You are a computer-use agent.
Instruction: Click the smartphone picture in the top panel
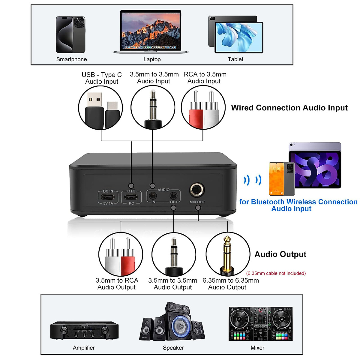coord(70,34)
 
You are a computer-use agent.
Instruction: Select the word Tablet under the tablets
coord(235,59)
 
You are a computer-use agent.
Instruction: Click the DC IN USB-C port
coord(108,197)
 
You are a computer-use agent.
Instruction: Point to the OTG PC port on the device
coord(131,197)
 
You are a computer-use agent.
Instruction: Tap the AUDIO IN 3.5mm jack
coord(153,196)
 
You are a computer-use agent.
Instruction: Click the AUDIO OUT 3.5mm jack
coord(173,196)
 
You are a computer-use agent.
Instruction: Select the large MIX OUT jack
coord(197,190)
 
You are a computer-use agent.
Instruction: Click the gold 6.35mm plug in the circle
coord(227,253)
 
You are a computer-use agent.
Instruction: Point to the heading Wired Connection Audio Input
coord(289,108)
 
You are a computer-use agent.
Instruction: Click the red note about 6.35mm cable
coord(276,273)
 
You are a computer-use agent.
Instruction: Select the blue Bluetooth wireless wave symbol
coord(252,180)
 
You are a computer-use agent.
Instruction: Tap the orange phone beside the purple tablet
coord(276,178)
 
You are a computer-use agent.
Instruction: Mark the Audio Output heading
coord(280,254)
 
